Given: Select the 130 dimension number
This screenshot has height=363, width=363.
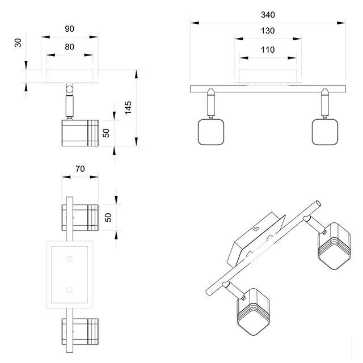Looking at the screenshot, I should coord(268,31).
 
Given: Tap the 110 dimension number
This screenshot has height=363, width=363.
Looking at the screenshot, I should coord(268,50).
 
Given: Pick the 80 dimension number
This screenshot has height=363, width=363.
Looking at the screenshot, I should coord(69,47).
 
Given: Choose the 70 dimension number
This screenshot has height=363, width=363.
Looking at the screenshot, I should coord(79,168).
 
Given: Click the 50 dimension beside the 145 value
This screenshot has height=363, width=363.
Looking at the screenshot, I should coord(105,133).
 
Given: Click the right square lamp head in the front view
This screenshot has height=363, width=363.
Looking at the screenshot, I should coord(325,133).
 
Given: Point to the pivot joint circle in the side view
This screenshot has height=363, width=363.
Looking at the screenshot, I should coord(69,88).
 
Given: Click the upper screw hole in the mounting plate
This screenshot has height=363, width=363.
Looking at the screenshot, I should coord(69,259).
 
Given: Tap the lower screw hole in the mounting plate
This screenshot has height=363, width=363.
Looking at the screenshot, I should coord(69,290).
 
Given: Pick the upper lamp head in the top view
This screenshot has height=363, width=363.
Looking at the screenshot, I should coord(79,218).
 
